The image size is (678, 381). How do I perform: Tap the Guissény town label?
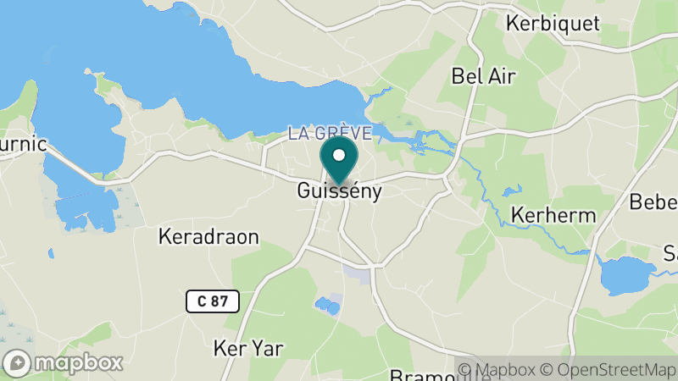pos(340,191)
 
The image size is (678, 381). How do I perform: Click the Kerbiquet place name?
pos(552,23)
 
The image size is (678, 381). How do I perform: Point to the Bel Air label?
pos(484,76)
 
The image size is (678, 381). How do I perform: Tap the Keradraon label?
pos(208,236)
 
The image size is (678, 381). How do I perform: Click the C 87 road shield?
pos(213,301)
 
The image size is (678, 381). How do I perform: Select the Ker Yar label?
pos(248,348)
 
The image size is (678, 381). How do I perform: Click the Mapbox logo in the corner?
pos(64,362)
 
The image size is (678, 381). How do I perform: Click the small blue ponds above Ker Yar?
pos(326,305)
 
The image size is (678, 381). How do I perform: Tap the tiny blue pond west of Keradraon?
pos(51,252)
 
